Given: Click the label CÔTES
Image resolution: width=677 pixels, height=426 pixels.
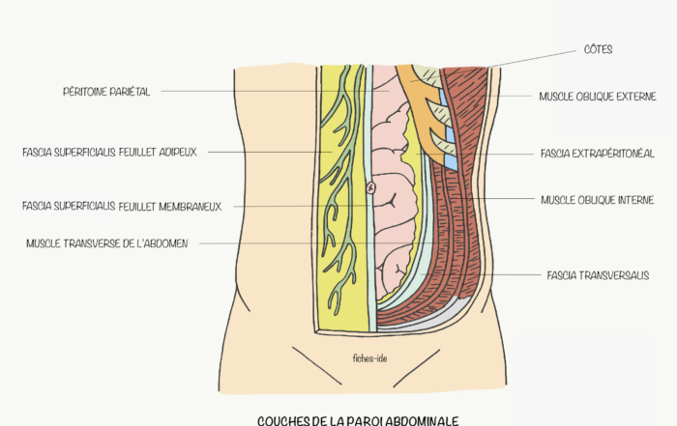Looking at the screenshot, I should pyautogui.click(x=599, y=49).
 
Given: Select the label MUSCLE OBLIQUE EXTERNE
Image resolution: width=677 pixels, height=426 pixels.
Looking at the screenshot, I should pyautogui.click(x=597, y=97).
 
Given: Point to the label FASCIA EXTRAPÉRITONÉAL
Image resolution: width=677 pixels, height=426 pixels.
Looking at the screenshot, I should pyautogui.click(x=598, y=154).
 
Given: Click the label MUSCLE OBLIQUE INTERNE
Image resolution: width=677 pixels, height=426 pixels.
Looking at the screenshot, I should pyautogui.click(x=597, y=200).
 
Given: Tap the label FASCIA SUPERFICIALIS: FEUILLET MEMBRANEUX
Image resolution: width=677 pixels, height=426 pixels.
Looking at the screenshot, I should pyautogui.click(x=121, y=206).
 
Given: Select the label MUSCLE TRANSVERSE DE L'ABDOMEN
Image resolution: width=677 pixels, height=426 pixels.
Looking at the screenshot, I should pyautogui.click(x=106, y=243).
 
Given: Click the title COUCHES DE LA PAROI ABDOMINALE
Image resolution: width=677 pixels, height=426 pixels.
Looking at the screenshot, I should pyautogui.click(x=358, y=420).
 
